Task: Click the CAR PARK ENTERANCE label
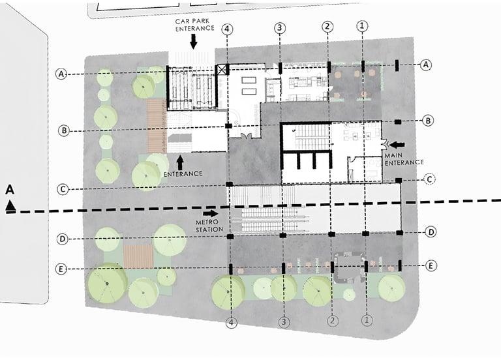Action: point(194,25)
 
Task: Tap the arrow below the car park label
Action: point(193,42)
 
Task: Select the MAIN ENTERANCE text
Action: point(404,159)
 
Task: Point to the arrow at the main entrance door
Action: point(397,145)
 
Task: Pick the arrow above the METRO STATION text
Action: point(211,213)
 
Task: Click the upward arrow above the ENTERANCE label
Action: point(180,162)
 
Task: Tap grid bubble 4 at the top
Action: point(227,29)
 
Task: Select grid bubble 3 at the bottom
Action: point(284,322)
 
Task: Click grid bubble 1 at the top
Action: point(361,25)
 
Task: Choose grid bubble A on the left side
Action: point(61,74)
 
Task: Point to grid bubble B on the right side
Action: point(428,121)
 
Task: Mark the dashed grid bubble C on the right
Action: point(430,179)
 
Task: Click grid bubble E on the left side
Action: point(61,269)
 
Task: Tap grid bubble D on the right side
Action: point(431,232)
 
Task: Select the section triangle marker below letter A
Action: point(10,205)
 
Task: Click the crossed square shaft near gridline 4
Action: point(222,70)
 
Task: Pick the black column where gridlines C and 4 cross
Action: point(230,185)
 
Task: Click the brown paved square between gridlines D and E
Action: point(138,256)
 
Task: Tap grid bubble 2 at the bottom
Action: point(333,320)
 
